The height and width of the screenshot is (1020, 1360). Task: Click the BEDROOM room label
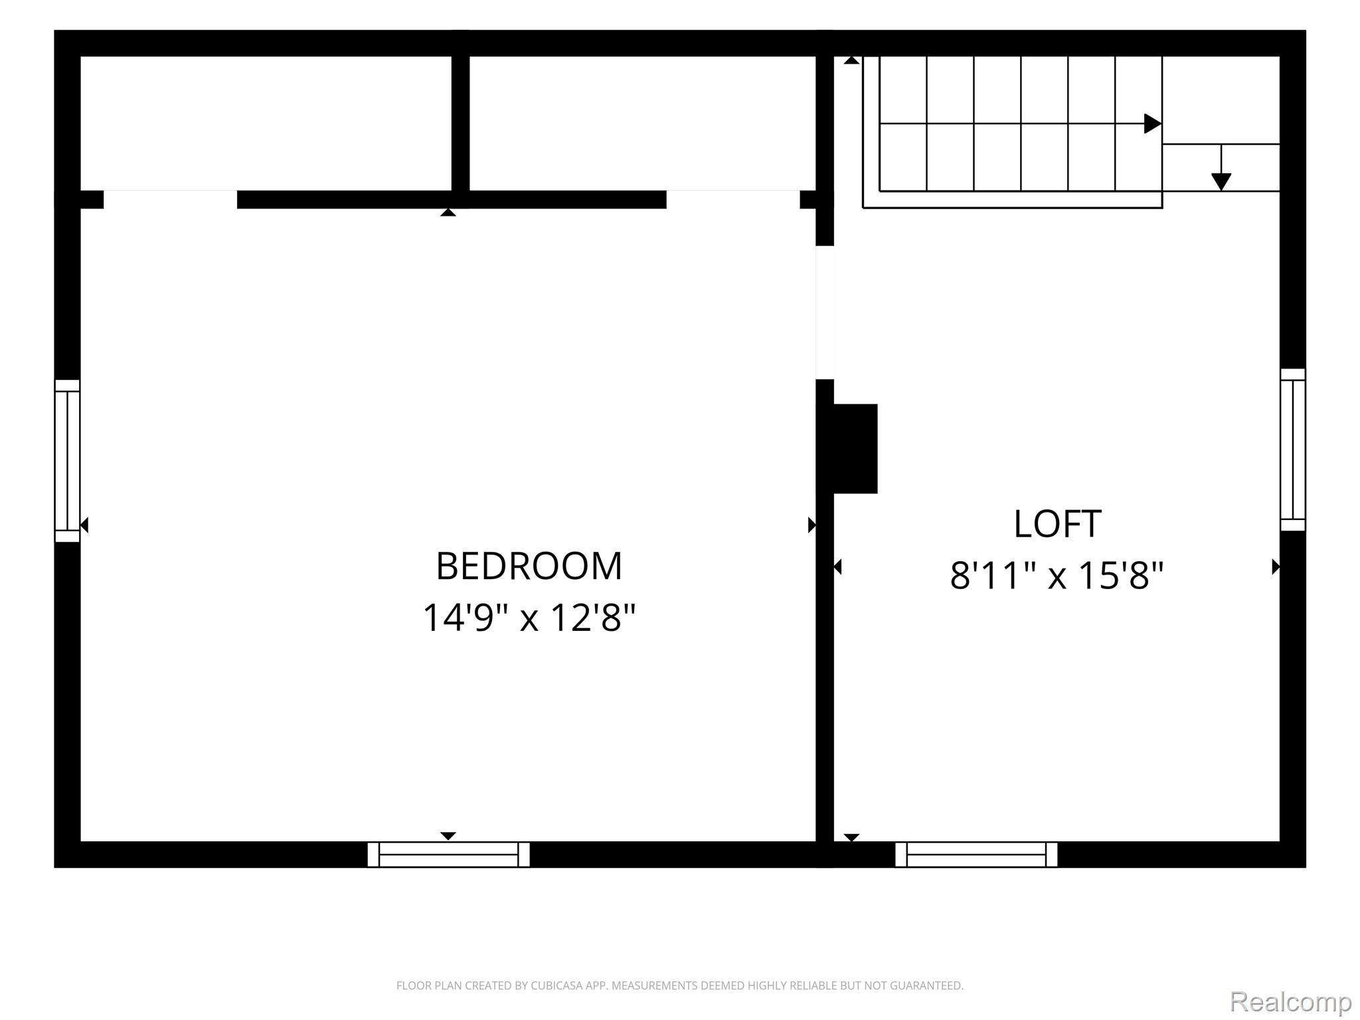[x=529, y=566]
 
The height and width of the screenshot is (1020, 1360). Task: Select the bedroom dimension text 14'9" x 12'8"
[x=529, y=617]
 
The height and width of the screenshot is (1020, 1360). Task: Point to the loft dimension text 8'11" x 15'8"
[x=1057, y=575]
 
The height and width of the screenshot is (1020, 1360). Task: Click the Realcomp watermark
[x=1290, y=1001]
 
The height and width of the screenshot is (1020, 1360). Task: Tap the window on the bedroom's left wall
[x=67, y=461]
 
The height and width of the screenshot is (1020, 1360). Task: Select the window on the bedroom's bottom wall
[x=448, y=855]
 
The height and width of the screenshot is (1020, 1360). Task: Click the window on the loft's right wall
[x=1293, y=450]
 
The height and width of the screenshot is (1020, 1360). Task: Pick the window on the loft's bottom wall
[x=976, y=855]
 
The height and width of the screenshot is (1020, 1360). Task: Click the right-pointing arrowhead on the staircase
[x=1153, y=124]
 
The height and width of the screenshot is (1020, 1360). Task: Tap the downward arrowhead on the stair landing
[x=1221, y=181]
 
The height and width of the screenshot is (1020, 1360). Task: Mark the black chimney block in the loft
[x=855, y=449]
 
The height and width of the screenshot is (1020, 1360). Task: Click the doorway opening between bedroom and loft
[x=825, y=312]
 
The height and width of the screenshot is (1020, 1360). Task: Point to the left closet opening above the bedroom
[x=170, y=199]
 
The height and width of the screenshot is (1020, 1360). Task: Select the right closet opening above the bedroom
[x=733, y=199]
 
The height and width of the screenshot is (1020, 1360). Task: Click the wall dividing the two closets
[x=460, y=124]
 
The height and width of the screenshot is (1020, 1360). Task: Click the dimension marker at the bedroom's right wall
[x=811, y=525]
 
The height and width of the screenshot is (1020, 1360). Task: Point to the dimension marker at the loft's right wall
[x=1276, y=566]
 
